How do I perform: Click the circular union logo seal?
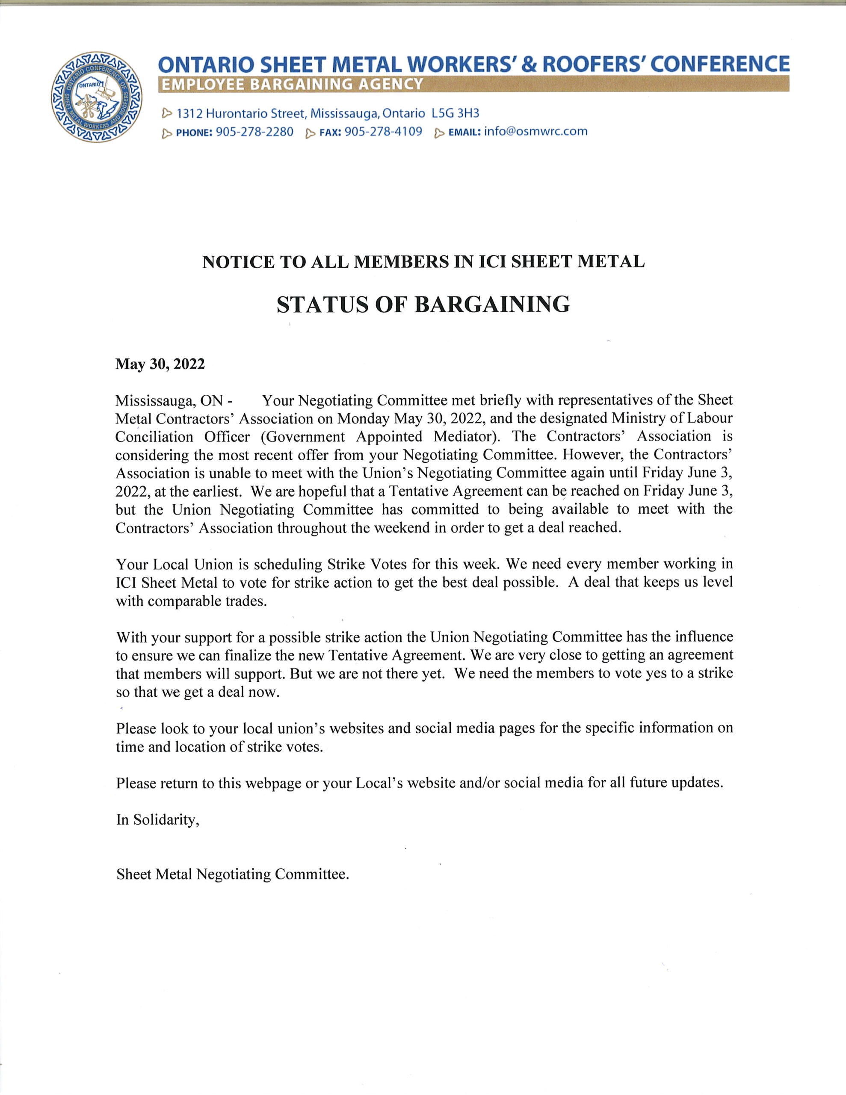(96, 96)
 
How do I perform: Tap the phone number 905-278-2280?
(254, 132)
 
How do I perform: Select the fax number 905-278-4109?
(384, 132)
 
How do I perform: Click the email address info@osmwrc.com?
(535, 132)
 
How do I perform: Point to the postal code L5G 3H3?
(456, 113)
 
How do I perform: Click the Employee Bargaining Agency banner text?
(291, 84)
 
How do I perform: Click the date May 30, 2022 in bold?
(160, 364)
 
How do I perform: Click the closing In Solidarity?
(158, 819)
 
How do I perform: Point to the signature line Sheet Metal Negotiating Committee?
(232, 874)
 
